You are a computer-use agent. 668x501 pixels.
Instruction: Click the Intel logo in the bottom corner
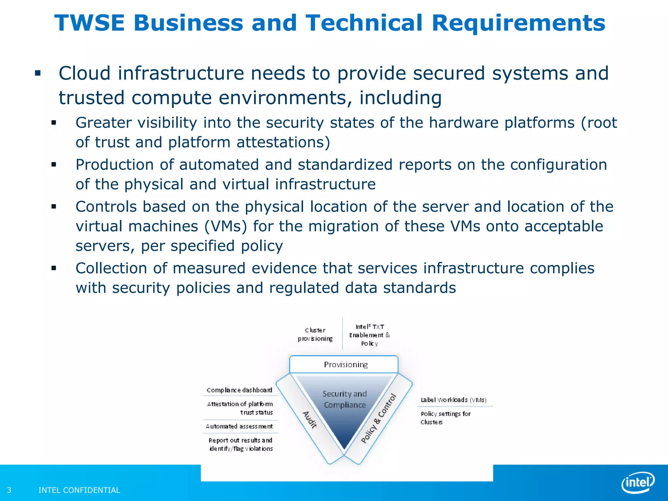tap(638, 482)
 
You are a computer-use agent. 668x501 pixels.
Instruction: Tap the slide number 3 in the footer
tap(9, 490)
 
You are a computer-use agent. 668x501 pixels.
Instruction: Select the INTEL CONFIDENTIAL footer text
tap(79, 490)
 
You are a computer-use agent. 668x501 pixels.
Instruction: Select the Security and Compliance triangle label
tap(345, 399)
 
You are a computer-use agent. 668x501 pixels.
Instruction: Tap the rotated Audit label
tap(309, 419)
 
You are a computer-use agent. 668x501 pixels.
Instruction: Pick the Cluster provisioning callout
tap(315, 334)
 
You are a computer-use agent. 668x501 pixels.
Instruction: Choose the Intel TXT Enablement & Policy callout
tap(369, 335)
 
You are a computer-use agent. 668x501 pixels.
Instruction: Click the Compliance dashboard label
tap(239, 390)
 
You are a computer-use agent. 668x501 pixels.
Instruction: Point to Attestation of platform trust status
tap(240, 408)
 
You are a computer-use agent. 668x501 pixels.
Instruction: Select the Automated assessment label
tap(239, 426)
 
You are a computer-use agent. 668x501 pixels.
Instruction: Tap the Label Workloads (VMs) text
tap(453, 400)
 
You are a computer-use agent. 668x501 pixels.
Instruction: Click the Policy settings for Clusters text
tap(446, 418)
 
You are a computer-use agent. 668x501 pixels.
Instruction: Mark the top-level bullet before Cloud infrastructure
tap(38, 73)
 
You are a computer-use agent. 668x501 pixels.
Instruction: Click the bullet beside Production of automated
tap(54, 165)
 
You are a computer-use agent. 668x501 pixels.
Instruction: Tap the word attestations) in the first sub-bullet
tap(283, 143)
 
